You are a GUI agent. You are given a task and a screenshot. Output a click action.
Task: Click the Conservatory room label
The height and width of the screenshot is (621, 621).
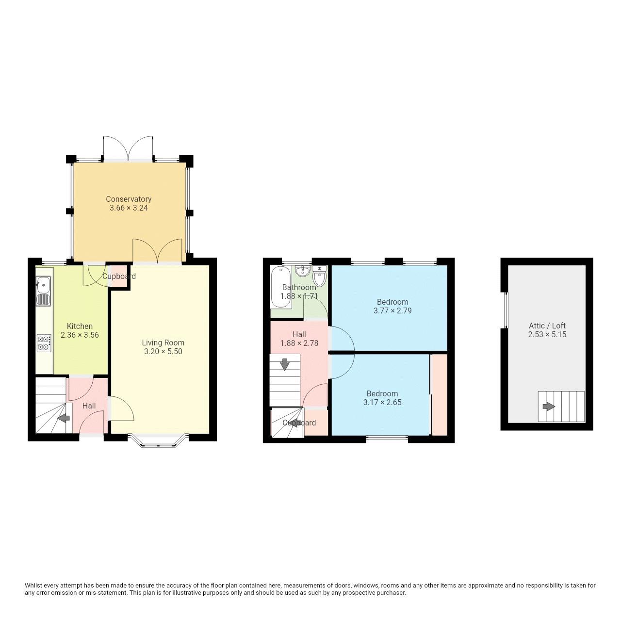point(129,199)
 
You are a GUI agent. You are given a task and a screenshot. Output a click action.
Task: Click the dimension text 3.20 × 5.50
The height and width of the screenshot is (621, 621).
point(163,352)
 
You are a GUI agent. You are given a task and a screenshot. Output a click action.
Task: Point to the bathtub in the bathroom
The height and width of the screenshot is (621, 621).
point(280,287)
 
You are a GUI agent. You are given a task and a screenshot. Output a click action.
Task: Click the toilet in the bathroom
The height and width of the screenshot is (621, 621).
point(319,277)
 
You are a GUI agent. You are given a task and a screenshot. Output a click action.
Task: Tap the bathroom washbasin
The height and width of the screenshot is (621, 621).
point(302,270)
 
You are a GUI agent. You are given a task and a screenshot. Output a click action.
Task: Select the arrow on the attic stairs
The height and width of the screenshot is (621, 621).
point(548,407)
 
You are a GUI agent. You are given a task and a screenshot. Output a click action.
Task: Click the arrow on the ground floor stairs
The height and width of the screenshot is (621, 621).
point(63,418)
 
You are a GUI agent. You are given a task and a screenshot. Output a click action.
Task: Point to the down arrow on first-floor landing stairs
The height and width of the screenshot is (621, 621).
point(285,363)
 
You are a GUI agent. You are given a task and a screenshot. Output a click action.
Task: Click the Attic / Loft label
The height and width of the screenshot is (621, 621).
point(547,326)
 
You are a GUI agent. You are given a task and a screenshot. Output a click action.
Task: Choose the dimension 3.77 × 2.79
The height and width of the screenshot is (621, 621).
point(392,311)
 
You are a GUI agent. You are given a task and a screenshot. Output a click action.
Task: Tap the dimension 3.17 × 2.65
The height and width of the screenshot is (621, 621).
point(382,403)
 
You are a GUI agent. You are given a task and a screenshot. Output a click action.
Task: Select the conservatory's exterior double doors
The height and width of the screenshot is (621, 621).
point(129,148)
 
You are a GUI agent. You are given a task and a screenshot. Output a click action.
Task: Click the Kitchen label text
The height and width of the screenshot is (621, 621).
point(80,326)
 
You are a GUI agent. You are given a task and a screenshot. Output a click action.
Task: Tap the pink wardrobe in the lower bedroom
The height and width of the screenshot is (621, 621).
point(439,395)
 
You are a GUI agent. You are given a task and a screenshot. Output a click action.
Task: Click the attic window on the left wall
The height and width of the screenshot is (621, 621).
point(505,310)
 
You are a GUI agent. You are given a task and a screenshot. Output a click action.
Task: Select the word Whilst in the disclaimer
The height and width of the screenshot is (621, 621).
point(34,586)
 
